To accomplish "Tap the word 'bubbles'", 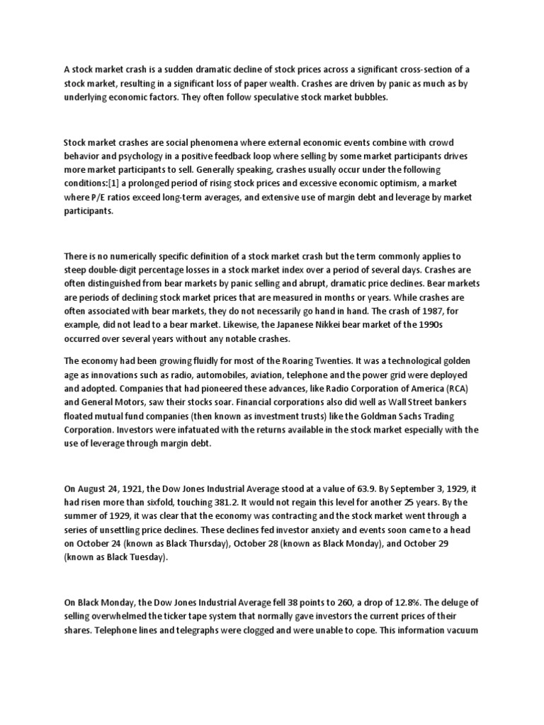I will [x=371, y=97].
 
